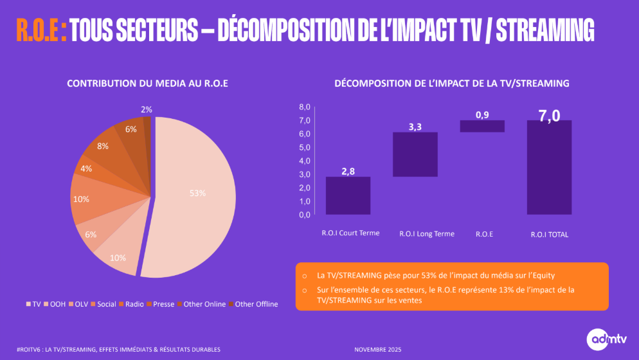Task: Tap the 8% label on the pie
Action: [x=102, y=146]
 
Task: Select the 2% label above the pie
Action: [x=146, y=109]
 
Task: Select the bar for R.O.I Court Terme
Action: [x=348, y=195]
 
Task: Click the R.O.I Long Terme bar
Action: [x=415, y=154]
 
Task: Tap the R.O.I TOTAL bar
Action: [x=548, y=167]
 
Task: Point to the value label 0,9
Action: [x=482, y=114]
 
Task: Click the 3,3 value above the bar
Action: [x=415, y=127]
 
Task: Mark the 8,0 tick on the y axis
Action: [x=304, y=107]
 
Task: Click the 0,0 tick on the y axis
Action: [x=304, y=215]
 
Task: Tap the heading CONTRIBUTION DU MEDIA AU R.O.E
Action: [x=148, y=84]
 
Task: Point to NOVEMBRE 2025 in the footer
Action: [x=377, y=349]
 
